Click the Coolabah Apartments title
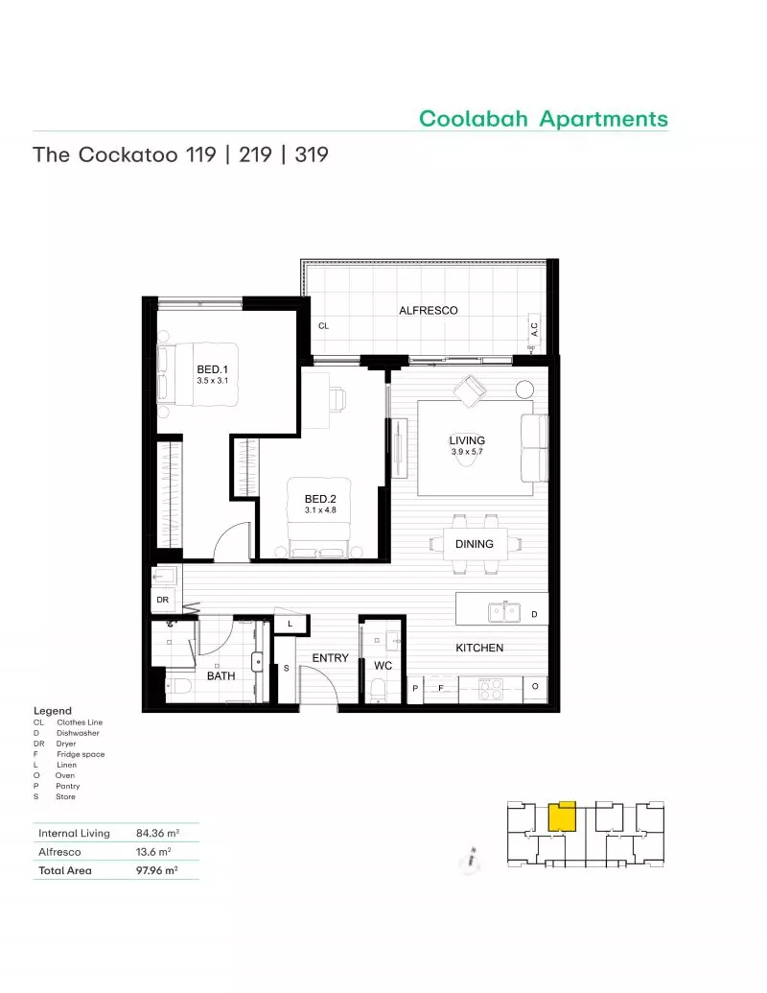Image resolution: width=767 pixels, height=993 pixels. point(543,118)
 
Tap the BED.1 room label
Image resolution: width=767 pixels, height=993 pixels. point(212,369)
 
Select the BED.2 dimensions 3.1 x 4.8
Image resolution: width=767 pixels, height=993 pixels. point(320,509)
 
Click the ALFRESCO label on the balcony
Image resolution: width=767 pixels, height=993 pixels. point(429,310)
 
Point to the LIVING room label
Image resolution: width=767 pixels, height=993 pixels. point(467,440)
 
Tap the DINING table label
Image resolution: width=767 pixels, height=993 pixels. point(474,544)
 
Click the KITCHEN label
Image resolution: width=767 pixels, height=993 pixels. point(479,648)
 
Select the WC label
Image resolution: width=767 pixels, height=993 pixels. point(383,666)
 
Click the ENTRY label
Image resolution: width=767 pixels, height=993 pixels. point(331,658)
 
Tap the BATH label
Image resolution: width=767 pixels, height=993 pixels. point(221,675)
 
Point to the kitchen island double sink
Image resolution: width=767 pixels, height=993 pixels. point(504,612)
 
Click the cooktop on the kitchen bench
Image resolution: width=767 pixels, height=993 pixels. point(491,689)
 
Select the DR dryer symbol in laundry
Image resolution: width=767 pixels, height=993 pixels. point(163,600)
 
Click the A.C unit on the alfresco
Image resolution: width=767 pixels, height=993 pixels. point(534,329)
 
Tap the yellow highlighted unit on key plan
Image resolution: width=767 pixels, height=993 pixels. point(561,816)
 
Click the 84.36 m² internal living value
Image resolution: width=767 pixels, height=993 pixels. point(157,833)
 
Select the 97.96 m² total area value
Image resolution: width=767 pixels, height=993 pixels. point(157,870)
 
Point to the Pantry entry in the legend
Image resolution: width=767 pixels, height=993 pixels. point(68,786)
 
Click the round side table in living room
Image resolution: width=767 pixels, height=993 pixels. point(524,389)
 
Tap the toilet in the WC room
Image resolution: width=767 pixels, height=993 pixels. point(378,690)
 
